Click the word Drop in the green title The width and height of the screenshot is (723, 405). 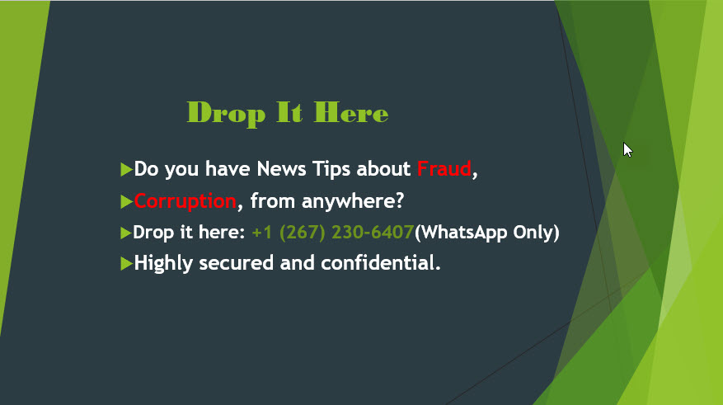226,114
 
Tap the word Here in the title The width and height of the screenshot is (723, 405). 351,112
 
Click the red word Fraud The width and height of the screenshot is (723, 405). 444,169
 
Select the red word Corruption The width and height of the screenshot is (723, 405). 185,201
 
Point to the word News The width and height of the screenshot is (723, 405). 281,169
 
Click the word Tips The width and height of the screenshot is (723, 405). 331,170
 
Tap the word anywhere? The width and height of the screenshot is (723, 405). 353,202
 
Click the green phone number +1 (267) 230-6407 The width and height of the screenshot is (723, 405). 333,232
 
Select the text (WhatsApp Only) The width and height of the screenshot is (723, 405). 487,232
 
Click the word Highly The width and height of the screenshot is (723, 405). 163,263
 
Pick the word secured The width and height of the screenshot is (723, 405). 236,263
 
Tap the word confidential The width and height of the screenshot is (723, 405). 381,263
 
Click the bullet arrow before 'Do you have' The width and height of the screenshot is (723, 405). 126,169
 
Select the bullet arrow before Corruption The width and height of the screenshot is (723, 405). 126,201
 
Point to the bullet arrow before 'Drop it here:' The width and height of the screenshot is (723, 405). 125,233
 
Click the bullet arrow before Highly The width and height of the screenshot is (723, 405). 126,263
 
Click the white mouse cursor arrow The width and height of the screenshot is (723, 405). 627,150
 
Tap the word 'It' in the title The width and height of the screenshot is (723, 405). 289,112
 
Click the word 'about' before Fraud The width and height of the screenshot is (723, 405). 383,169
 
